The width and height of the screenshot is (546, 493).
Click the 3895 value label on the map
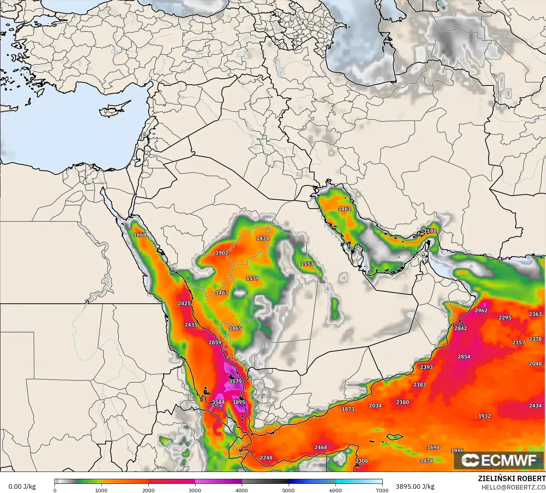238,402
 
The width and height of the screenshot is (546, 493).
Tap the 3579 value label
235,381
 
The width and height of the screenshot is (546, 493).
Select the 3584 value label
218,402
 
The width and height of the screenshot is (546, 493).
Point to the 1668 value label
140,234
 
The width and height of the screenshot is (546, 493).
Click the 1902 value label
222,253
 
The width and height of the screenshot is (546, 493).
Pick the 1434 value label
263,238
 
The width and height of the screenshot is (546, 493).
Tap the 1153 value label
307,264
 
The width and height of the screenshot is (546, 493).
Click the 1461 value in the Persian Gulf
344,209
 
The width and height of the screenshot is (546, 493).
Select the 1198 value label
430,231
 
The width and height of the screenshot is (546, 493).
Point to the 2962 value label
481,310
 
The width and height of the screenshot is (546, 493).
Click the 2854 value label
464,357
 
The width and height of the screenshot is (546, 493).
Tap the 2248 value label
266,457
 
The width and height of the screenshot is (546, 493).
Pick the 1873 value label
348,409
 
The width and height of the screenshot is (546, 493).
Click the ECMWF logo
499,460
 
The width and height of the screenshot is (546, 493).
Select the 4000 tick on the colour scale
242,490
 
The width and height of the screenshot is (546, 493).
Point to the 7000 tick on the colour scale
382,490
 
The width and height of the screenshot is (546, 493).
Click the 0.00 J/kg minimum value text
22,486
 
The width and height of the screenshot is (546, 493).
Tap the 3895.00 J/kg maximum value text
415,486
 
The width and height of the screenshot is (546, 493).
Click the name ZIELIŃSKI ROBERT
511,478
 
